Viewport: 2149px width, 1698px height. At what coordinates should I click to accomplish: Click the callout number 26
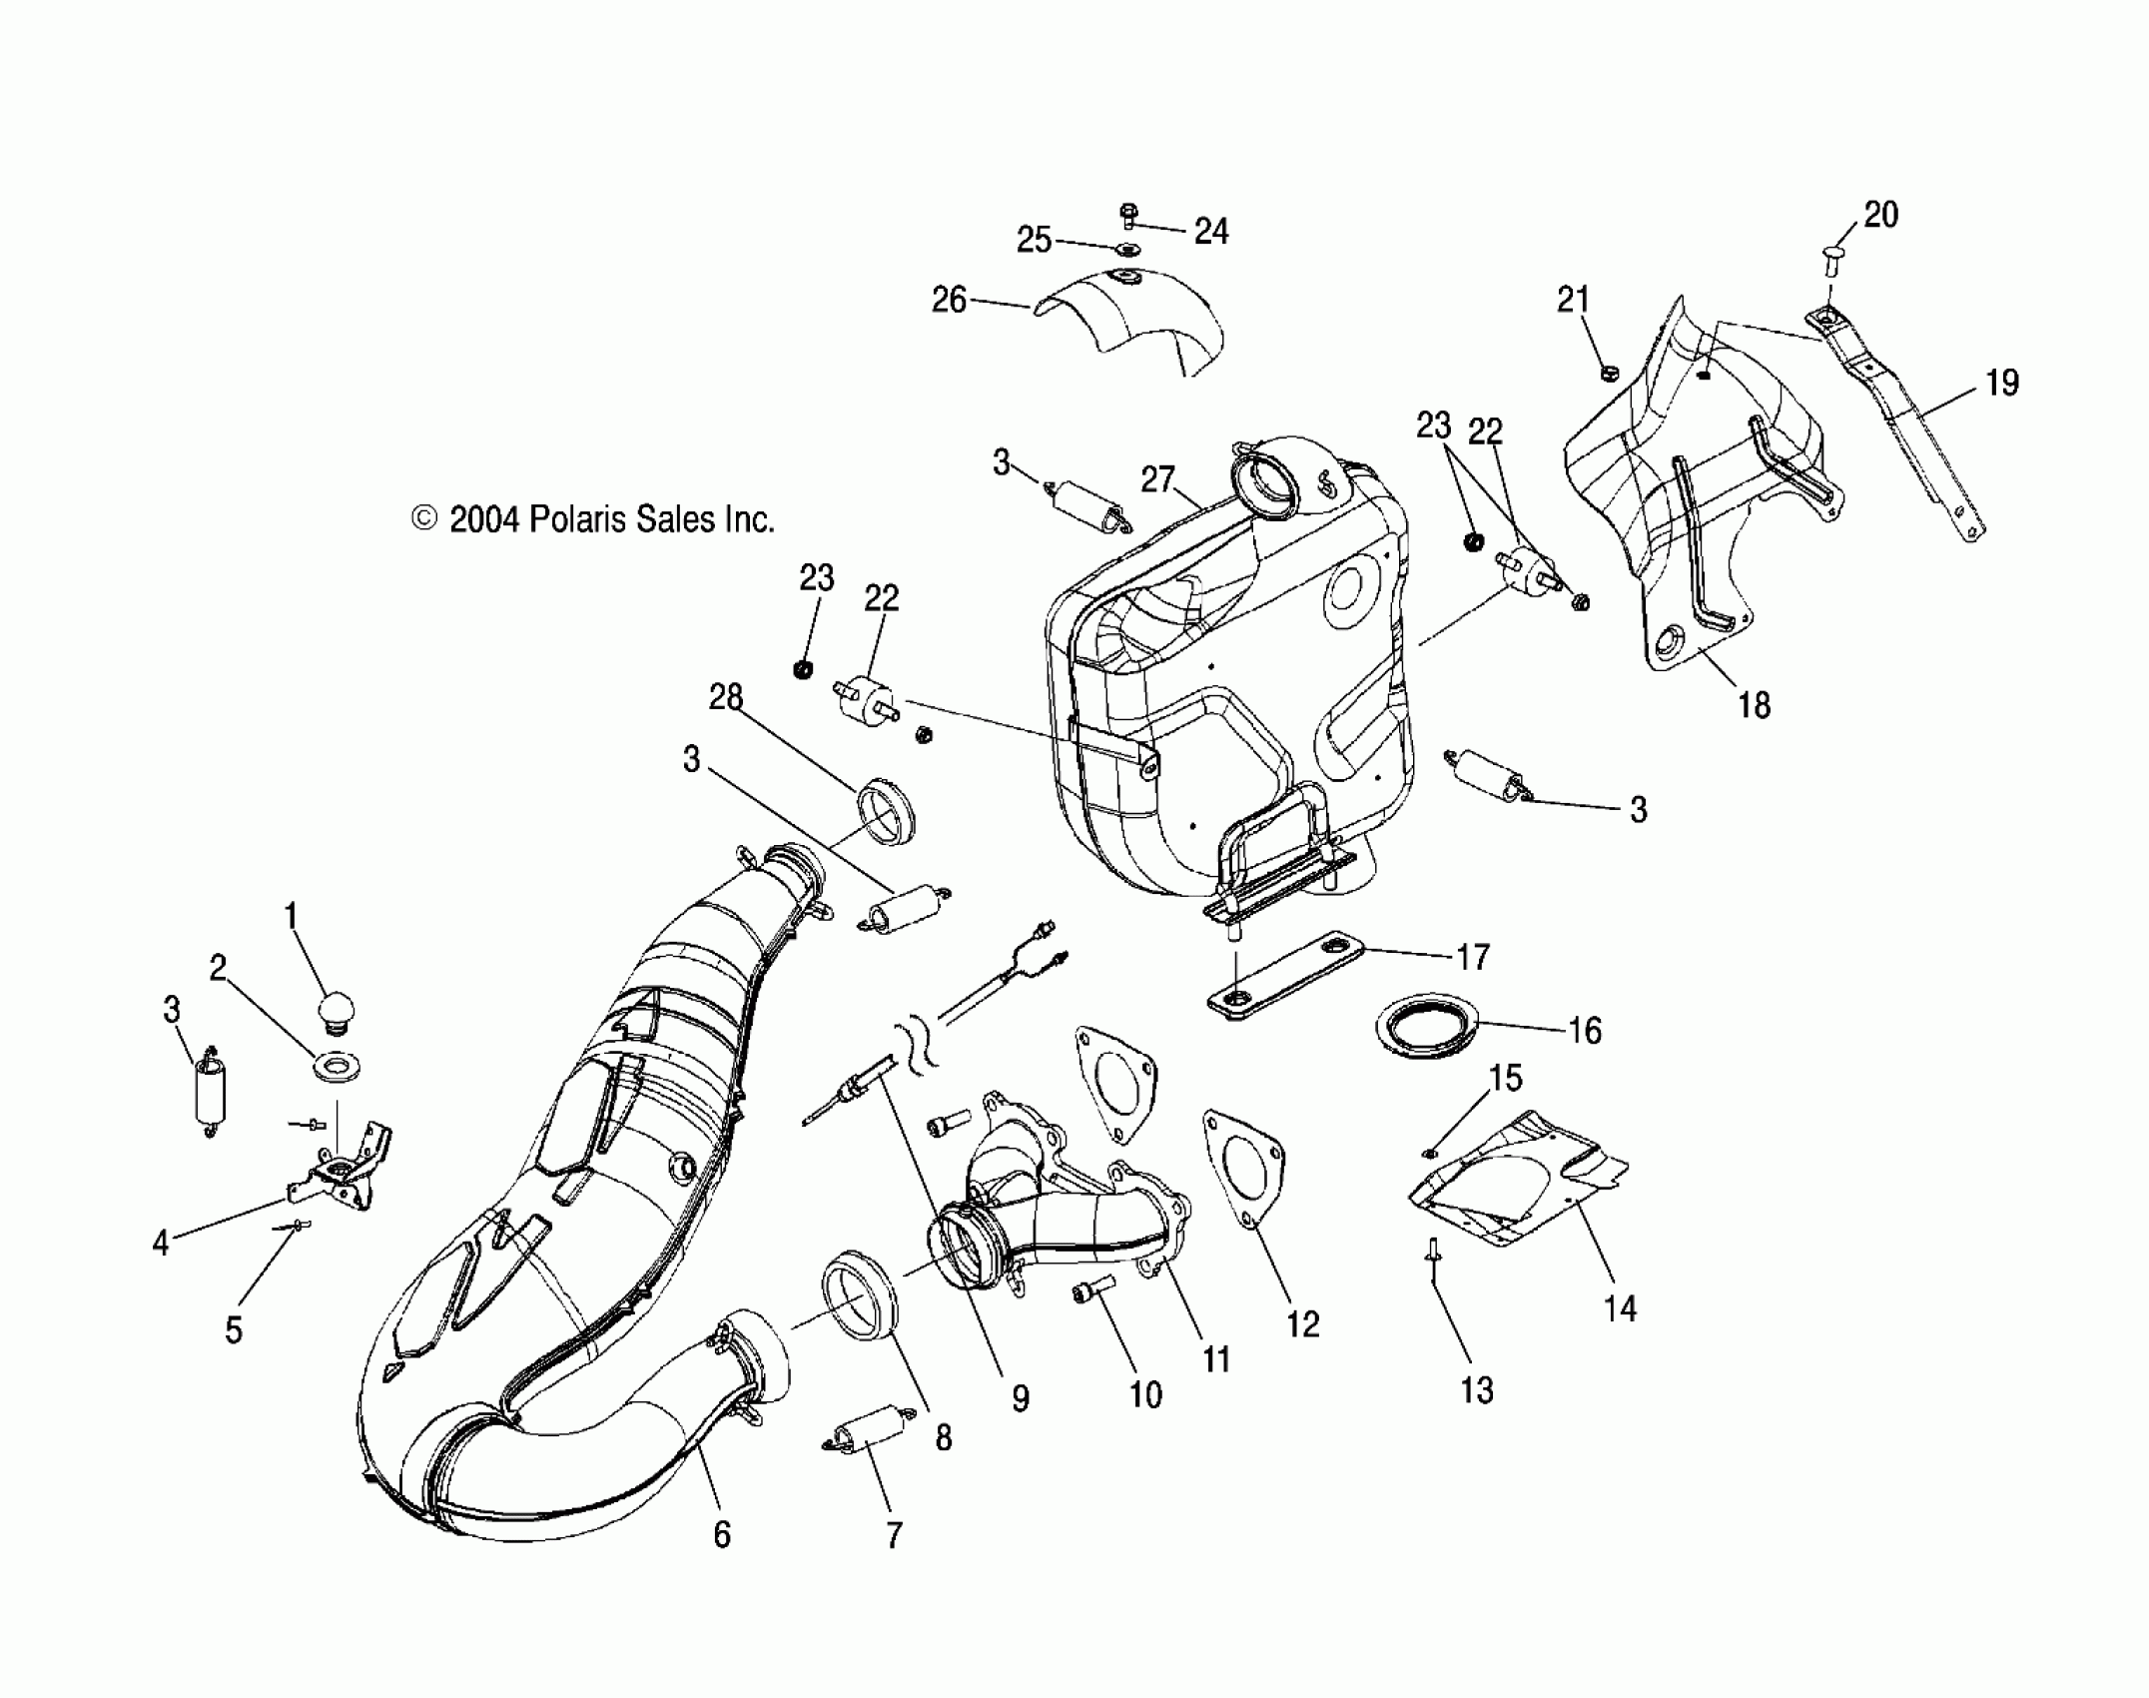pyautogui.click(x=949, y=299)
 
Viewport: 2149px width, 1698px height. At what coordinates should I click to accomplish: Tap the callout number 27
pyautogui.click(x=1158, y=479)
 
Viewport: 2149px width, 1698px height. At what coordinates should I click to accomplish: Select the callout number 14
pyautogui.click(x=1620, y=1307)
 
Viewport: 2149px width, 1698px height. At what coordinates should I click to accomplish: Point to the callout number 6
pyautogui.click(x=722, y=1534)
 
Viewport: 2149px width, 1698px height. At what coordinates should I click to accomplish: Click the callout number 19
pyautogui.click(x=2002, y=383)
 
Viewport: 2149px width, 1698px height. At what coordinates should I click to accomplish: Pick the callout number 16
pyautogui.click(x=1585, y=1030)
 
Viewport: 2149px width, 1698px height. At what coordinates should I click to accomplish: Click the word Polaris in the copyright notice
pyautogui.click(x=572, y=519)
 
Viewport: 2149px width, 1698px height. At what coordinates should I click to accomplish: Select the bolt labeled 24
pyautogui.click(x=1128, y=216)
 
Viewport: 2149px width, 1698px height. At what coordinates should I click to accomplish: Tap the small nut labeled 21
pyautogui.click(x=1608, y=373)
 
